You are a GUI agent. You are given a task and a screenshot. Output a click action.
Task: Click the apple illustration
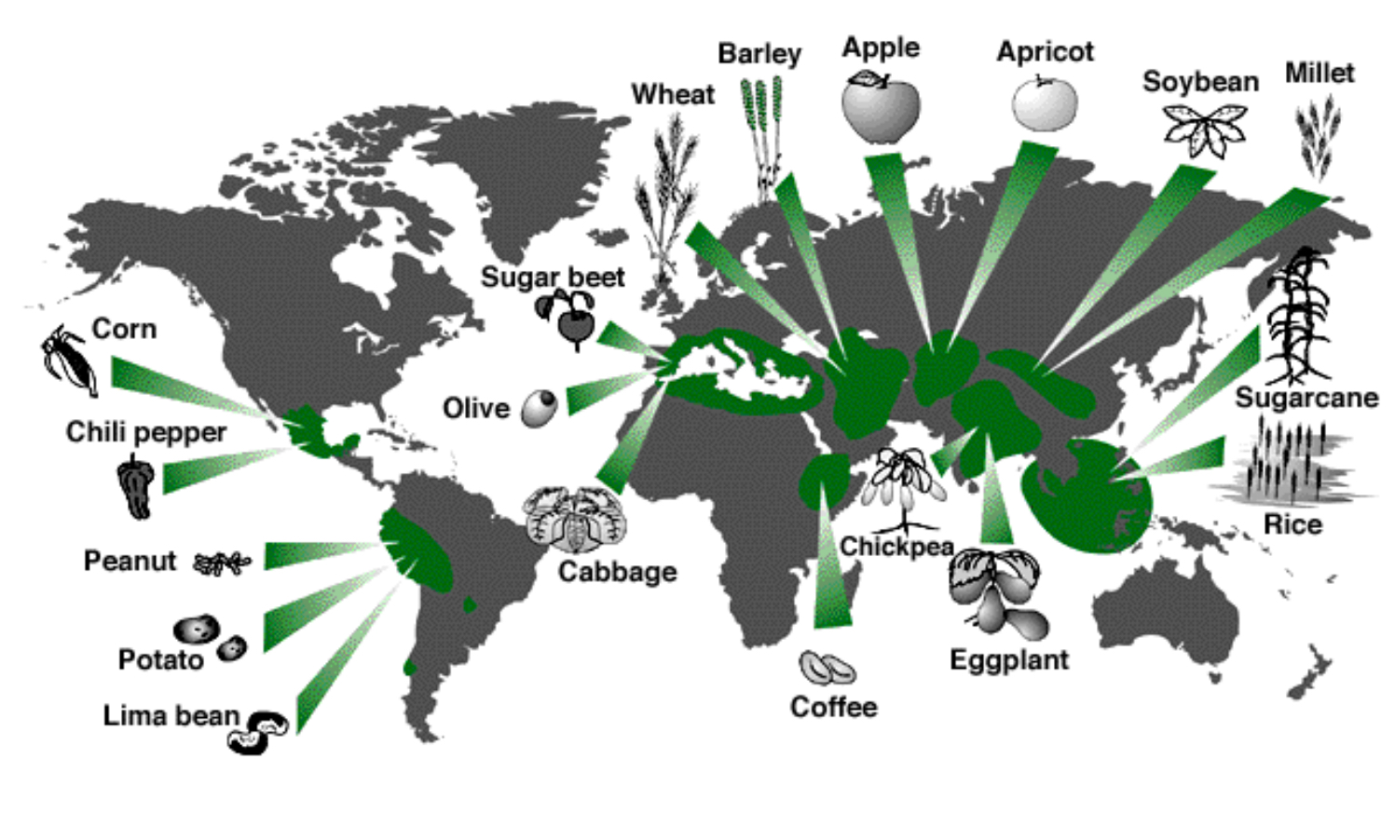pyautogui.click(x=880, y=108)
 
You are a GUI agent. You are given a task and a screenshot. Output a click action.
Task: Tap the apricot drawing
pyautogui.click(x=1045, y=103)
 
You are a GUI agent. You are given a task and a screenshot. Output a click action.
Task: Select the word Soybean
pyautogui.click(x=1200, y=82)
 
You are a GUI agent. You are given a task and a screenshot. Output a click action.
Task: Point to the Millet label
pyautogui.click(x=1319, y=73)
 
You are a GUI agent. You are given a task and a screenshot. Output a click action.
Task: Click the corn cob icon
pyautogui.click(x=70, y=361)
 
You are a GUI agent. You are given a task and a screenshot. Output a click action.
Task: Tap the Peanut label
pyautogui.click(x=130, y=561)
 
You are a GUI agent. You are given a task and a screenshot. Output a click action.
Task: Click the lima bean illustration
pyautogui.click(x=258, y=731)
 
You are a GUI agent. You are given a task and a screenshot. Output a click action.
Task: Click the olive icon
pyautogui.click(x=540, y=407)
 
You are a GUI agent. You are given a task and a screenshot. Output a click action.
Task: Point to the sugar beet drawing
pyautogui.click(x=568, y=317)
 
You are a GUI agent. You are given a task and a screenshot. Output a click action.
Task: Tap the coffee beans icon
pyautogui.click(x=827, y=668)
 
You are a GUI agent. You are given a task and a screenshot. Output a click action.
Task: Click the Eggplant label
pyautogui.click(x=1008, y=659)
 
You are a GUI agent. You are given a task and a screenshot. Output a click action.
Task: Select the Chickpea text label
pyautogui.click(x=896, y=546)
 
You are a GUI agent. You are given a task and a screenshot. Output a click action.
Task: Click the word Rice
pyautogui.click(x=1292, y=524)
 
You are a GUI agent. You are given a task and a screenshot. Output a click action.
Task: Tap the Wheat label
pyautogui.click(x=673, y=94)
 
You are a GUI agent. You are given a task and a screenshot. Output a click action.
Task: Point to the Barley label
pyautogui.click(x=759, y=54)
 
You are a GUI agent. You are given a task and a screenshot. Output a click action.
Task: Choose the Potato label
pyautogui.click(x=160, y=659)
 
